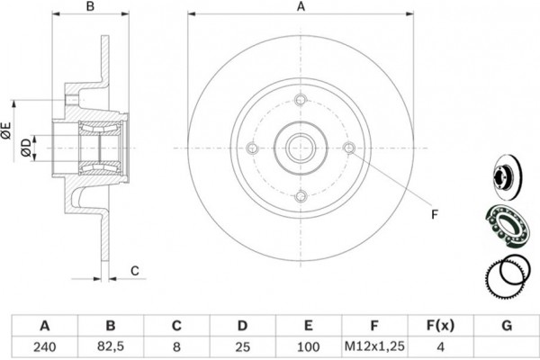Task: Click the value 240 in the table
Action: click(x=45, y=346)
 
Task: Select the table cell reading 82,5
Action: click(x=111, y=346)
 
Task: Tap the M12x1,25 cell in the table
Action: click(x=374, y=346)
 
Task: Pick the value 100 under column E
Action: click(x=308, y=346)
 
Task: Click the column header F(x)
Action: click(x=440, y=325)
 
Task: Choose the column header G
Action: click(x=507, y=326)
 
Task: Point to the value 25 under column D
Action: click(x=242, y=346)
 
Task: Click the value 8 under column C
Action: click(x=176, y=346)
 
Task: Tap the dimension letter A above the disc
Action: click(x=301, y=6)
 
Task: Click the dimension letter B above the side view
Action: click(x=90, y=6)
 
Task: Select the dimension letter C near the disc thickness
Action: click(x=135, y=271)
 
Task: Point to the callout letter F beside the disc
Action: click(x=435, y=214)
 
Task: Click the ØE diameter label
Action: click(x=7, y=130)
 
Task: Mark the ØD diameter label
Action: click(x=26, y=148)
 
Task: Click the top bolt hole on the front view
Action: click(x=301, y=100)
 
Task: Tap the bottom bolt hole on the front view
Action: click(x=301, y=196)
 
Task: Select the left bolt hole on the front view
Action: click(x=253, y=148)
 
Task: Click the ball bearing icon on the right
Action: click(x=507, y=226)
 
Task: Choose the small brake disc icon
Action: click(x=507, y=177)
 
